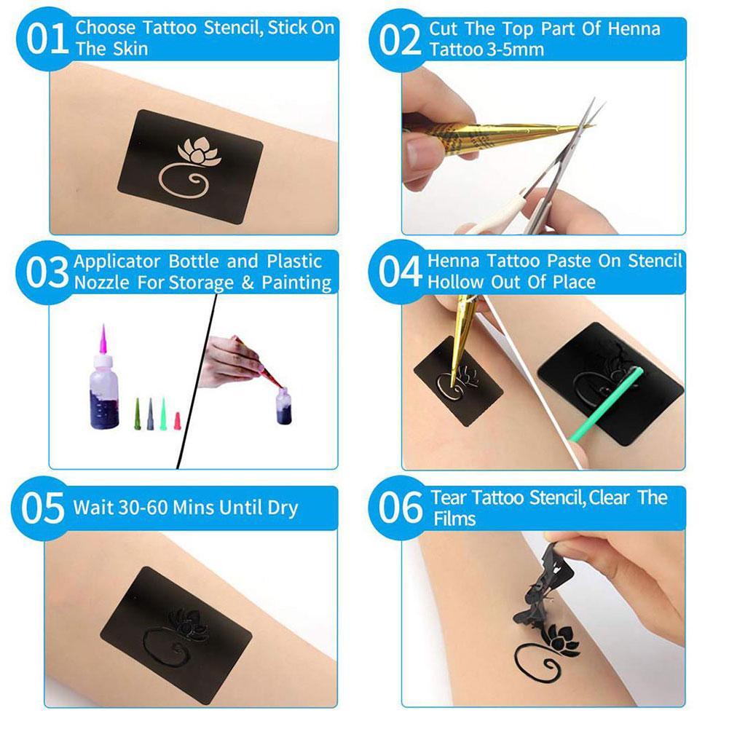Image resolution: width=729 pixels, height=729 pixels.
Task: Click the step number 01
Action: pyautogui.click(x=47, y=39)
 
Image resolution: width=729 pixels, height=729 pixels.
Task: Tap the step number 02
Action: pyautogui.click(x=400, y=40)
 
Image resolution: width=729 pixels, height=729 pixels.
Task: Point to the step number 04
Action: pyautogui.click(x=400, y=271)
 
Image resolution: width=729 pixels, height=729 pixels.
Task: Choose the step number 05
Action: pyautogui.click(x=42, y=508)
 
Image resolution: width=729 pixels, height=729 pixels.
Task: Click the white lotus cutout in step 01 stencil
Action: pyautogui.click(x=200, y=151)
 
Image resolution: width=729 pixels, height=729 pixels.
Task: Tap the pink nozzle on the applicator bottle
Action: pyautogui.click(x=103, y=340)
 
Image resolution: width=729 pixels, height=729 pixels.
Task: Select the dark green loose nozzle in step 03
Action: pyautogui.click(x=138, y=414)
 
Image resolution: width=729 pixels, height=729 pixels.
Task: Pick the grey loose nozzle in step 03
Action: pyautogui.click(x=150, y=414)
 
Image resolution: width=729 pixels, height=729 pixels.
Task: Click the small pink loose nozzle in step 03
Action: pyautogui.click(x=177, y=421)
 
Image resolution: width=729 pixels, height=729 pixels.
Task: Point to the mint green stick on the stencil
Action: pyautogui.click(x=607, y=403)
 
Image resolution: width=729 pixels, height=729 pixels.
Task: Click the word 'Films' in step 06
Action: pyautogui.click(x=454, y=519)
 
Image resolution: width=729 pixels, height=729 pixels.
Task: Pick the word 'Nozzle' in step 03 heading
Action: pyautogui.click(x=102, y=283)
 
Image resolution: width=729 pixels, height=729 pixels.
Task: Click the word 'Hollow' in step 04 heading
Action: pyautogui.click(x=456, y=282)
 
